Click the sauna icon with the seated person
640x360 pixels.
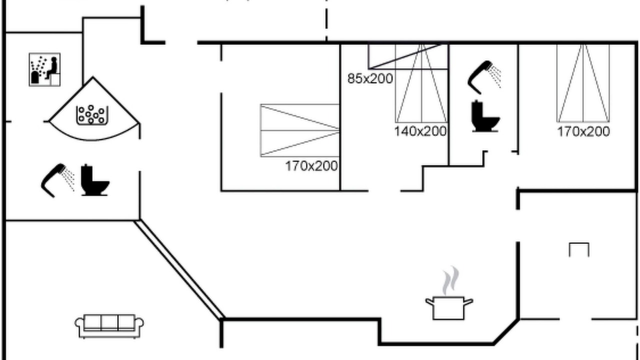(x=44, y=69)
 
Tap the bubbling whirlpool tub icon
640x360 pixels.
(x=92, y=115)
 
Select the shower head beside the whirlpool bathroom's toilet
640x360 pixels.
(x=57, y=180)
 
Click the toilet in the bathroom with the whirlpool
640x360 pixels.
(x=95, y=180)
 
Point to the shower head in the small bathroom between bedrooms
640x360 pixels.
(x=483, y=77)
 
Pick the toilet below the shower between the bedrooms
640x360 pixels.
(x=485, y=116)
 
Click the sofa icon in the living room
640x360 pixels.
(x=109, y=326)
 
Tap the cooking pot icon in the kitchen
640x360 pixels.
(x=449, y=308)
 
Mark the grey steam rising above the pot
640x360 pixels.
(x=451, y=280)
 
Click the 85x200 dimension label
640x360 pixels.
(x=370, y=79)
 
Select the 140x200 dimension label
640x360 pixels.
(x=420, y=131)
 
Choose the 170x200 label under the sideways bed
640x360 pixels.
(x=311, y=166)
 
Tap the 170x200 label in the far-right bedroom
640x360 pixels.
(x=583, y=131)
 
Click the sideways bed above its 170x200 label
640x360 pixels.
(x=300, y=130)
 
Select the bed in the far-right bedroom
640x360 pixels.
(x=583, y=83)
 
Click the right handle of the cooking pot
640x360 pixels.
(x=468, y=302)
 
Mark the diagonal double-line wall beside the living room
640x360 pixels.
(x=179, y=269)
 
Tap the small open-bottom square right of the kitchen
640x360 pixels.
(x=579, y=249)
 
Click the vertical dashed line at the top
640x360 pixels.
(x=326, y=20)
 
